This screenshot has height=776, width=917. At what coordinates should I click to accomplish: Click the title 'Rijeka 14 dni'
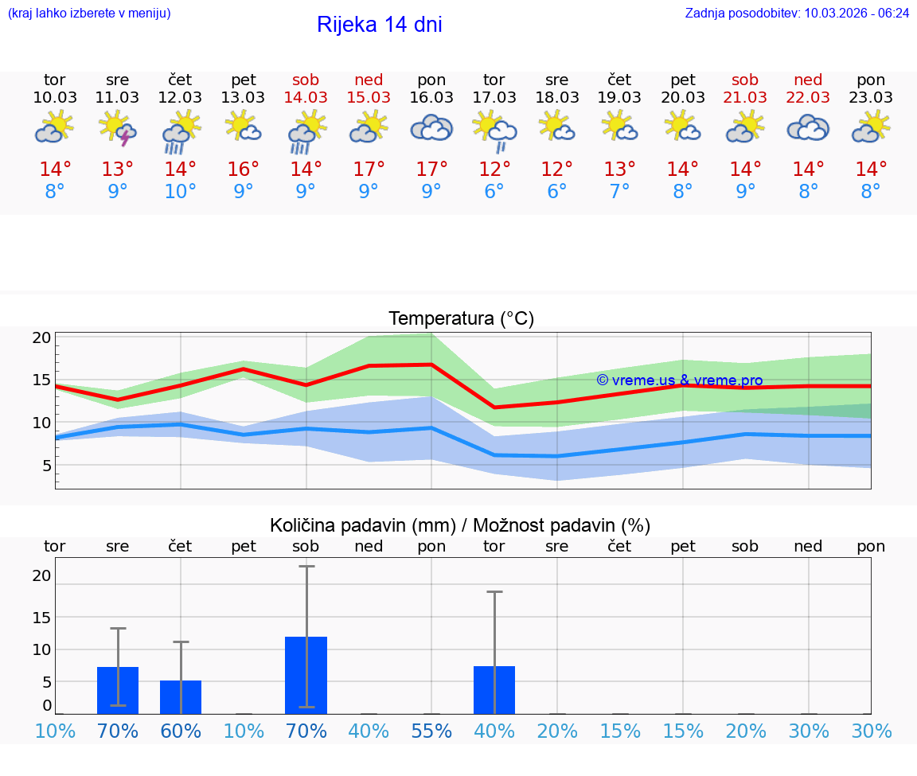coord(379,25)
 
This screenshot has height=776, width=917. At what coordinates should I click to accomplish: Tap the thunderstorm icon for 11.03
coord(118,129)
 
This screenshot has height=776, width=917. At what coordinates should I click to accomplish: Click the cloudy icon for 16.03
coord(431,128)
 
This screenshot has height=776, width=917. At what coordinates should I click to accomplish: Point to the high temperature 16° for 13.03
coord(244,170)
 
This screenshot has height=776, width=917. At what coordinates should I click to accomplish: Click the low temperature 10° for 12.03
coord(181,192)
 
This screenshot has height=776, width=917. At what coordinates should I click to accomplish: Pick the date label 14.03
coord(306,98)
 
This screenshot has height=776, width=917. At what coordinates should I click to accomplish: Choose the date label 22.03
coord(808,98)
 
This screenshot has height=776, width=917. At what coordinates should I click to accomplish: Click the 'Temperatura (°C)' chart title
coord(461,319)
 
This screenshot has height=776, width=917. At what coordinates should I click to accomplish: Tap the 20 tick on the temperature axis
coord(41,337)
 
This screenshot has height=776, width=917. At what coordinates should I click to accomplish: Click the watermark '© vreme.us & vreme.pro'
coord(679,380)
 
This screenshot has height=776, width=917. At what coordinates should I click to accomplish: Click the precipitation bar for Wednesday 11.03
coord(118,690)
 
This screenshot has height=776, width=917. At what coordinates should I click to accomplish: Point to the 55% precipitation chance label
coord(431,731)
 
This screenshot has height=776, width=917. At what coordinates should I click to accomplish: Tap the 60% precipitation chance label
coord(181,731)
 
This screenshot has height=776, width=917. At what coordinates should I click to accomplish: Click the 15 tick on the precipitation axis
coord(41,617)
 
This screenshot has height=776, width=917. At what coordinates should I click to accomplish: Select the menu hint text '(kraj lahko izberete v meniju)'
coord(89,13)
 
